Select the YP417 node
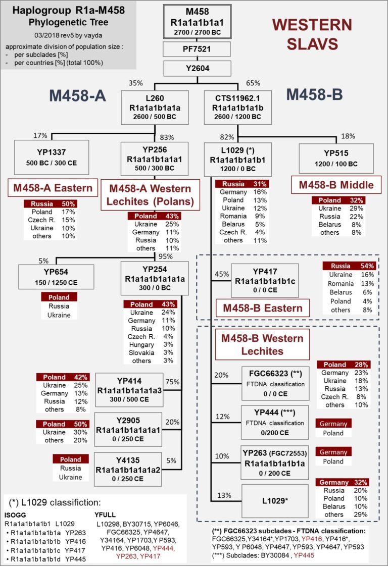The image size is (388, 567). tap(265, 279)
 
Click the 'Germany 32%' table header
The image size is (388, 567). tap(342, 482)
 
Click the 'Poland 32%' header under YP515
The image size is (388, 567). tap(339, 200)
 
